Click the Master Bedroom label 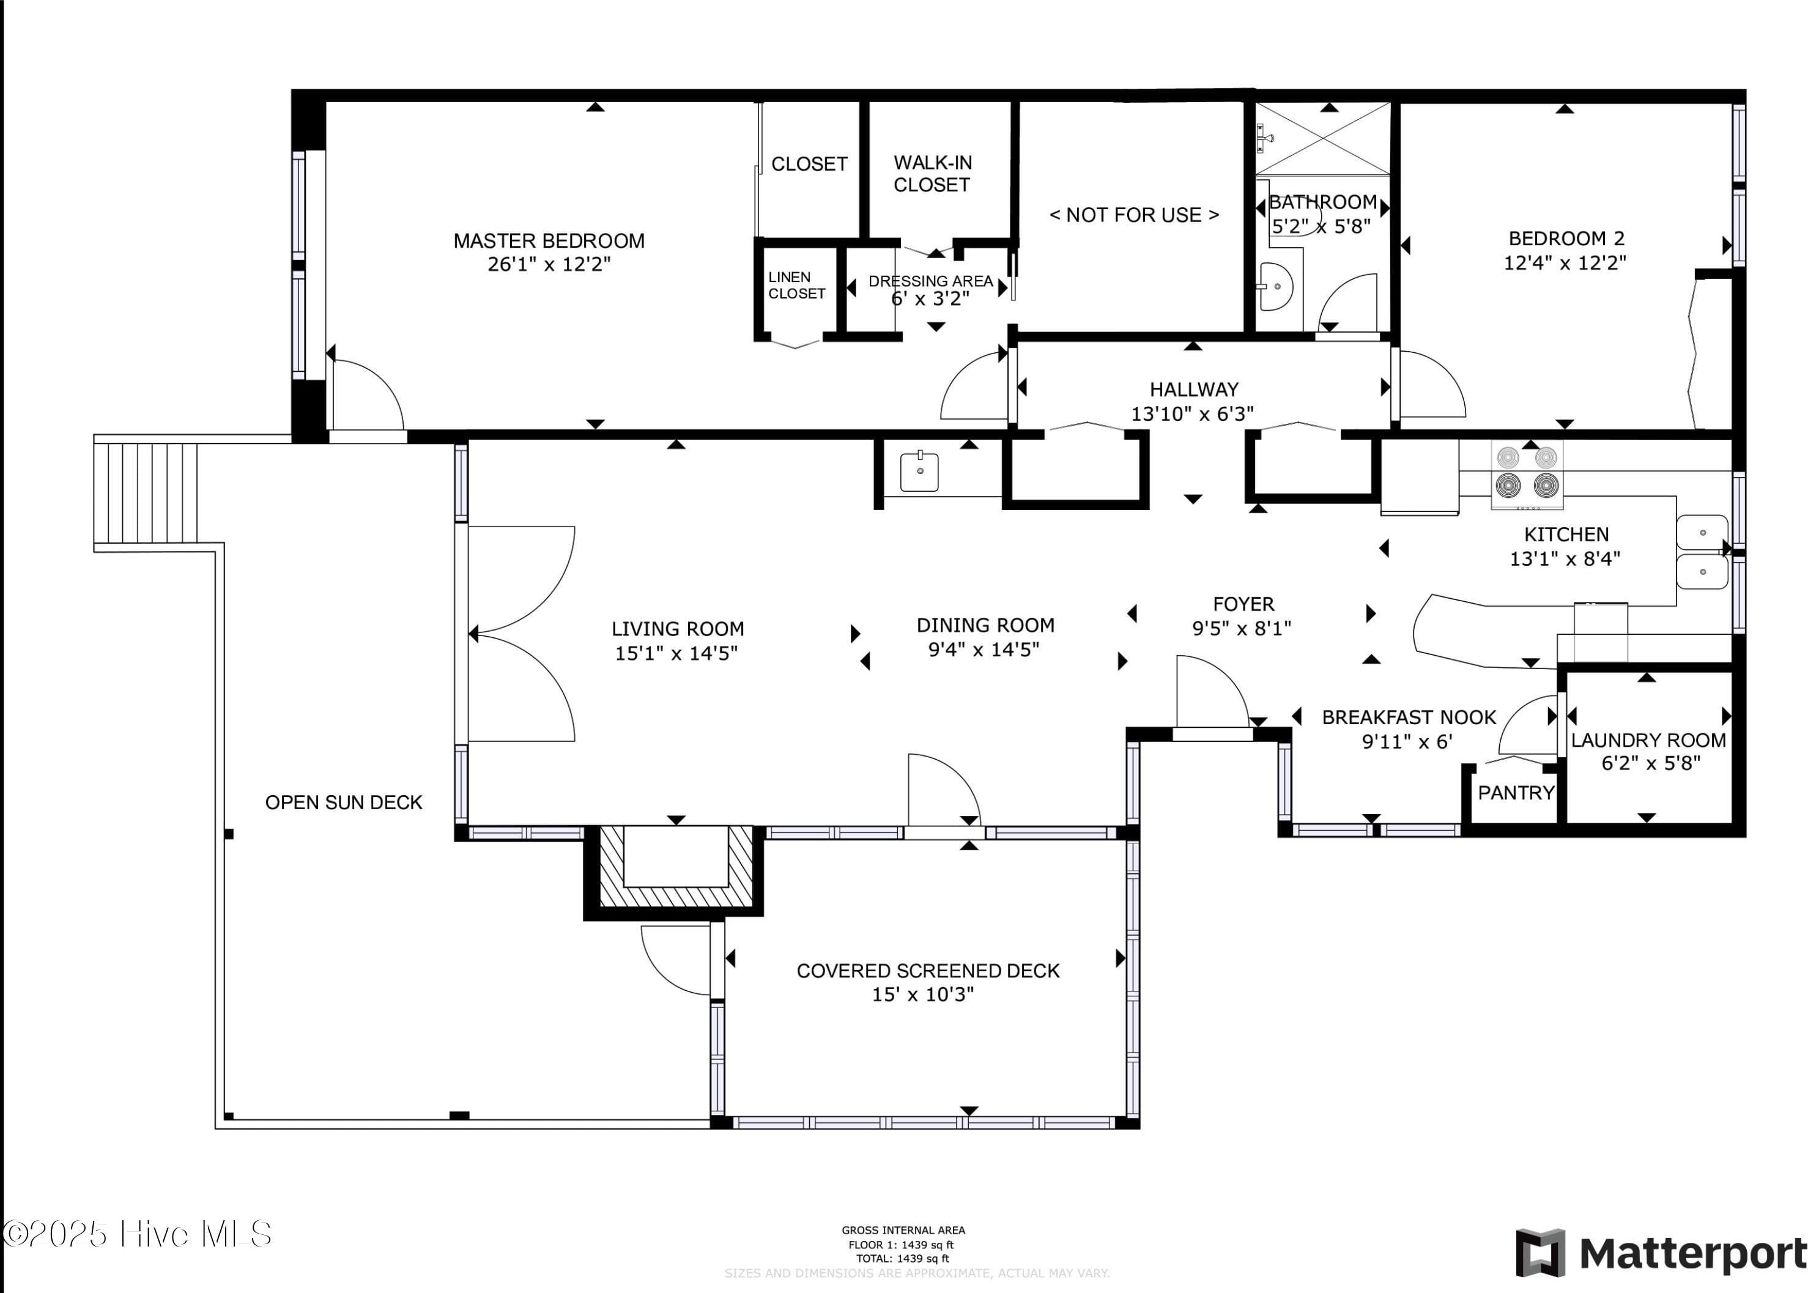(x=549, y=240)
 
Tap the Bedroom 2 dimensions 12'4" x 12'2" (x=1565, y=263)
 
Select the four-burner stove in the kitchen (x=1526, y=475)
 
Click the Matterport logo (x=1661, y=1253)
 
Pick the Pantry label (x=1516, y=793)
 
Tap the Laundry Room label (x=1648, y=741)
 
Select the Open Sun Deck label (x=343, y=802)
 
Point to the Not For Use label (x=1134, y=215)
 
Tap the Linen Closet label (x=796, y=285)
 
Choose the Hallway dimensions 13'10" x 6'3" (x=1192, y=414)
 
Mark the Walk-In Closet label (x=932, y=174)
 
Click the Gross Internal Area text (x=903, y=1230)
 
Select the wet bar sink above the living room (x=919, y=472)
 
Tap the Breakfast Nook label (x=1409, y=717)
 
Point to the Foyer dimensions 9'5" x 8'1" (x=1241, y=629)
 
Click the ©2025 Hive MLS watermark (x=136, y=1234)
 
